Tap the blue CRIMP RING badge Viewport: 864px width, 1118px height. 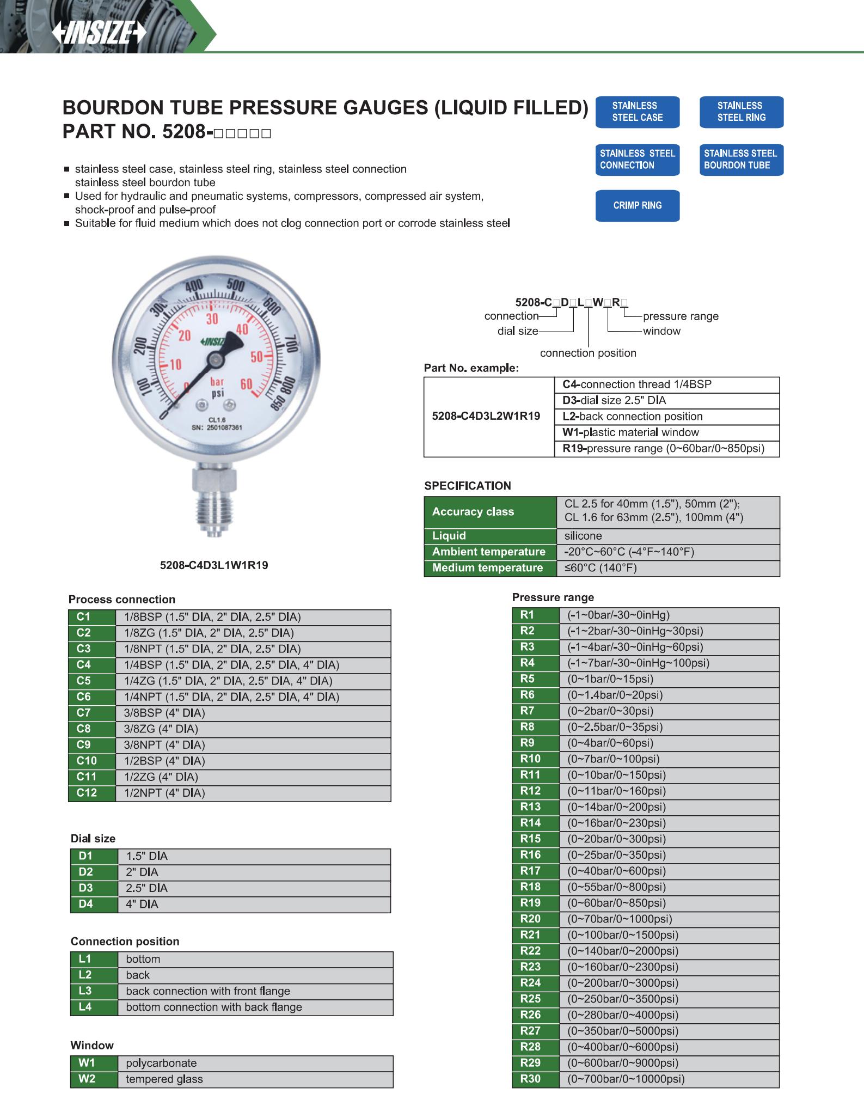[x=637, y=205]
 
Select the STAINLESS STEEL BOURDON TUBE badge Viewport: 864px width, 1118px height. [x=740, y=160]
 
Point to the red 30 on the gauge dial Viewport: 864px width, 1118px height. [x=212, y=319]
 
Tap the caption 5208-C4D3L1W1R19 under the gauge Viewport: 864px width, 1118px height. [x=213, y=565]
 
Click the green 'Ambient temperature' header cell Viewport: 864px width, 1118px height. [x=489, y=552]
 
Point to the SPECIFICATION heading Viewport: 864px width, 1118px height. [x=467, y=486]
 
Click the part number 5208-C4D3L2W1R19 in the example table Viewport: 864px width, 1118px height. [x=486, y=417]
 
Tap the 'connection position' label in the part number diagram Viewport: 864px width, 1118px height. [x=588, y=353]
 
